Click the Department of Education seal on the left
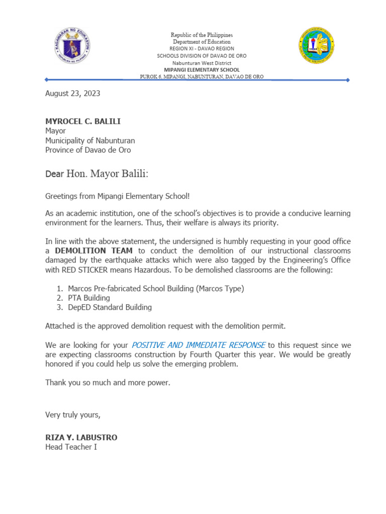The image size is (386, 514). click(x=72, y=45)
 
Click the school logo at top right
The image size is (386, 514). click(x=316, y=46)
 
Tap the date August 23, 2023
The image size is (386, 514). click(x=73, y=93)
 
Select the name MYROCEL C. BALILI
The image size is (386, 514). click(x=83, y=122)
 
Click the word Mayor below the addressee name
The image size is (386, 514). click(x=56, y=131)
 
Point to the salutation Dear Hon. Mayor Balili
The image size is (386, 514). click(x=97, y=174)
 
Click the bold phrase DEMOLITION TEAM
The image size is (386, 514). click(x=94, y=251)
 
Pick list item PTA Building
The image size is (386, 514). click(x=89, y=298)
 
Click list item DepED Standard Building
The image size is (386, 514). click(x=110, y=307)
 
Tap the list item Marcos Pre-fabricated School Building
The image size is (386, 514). click(x=156, y=288)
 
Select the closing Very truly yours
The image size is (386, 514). click(x=73, y=415)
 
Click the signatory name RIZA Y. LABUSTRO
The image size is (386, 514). click(x=81, y=438)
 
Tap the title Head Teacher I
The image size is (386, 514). click(x=71, y=447)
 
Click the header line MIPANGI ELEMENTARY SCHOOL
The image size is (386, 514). click(x=202, y=70)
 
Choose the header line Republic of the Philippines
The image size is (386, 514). click(x=202, y=35)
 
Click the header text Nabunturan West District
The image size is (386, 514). click(x=202, y=63)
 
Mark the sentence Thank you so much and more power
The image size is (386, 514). click(x=108, y=382)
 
